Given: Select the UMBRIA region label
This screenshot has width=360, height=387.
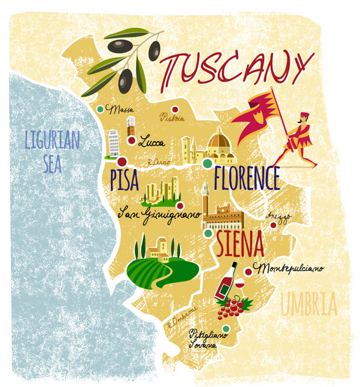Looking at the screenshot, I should pyautogui.click(x=308, y=304).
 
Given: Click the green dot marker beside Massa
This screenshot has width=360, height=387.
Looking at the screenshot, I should pyautogui.click(x=100, y=109).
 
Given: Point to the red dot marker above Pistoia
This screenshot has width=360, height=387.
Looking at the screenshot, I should pyautogui.click(x=174, y=109).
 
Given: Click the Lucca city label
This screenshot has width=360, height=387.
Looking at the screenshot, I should pyautogui.click(x=151, y=142).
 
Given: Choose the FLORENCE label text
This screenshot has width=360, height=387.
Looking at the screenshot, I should pyautogui.click(x=246, y=179).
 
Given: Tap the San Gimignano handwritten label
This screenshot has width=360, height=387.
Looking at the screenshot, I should pyautogui.click(x=160, y=214).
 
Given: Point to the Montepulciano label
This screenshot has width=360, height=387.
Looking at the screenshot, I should pyautogui.click(x=288, y=268).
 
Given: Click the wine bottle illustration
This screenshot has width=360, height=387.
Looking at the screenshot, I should pyautogui.click(x=226, y=283).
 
